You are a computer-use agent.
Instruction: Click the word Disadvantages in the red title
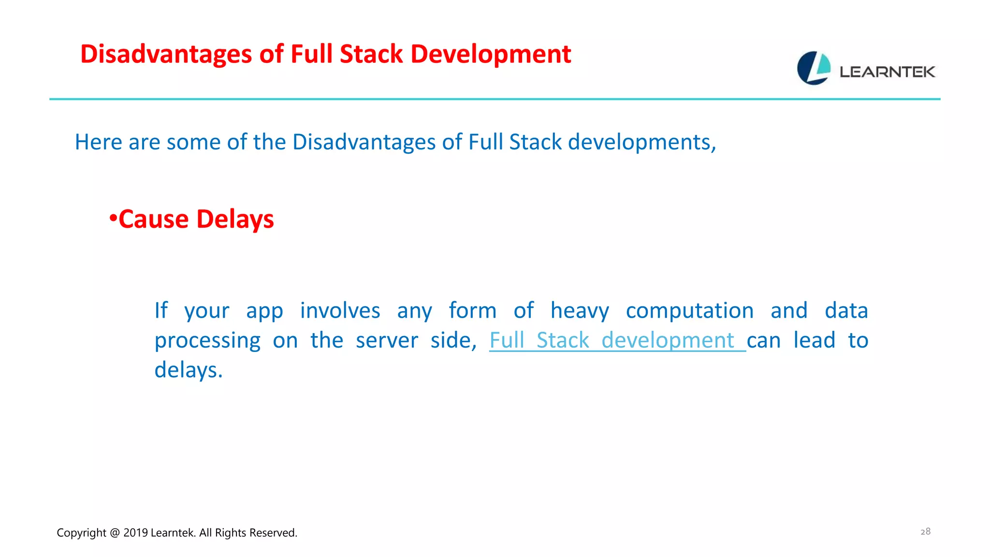[166, 54]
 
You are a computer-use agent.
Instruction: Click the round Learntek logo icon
[814, 68]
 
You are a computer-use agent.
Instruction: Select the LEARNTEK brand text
[887, 72]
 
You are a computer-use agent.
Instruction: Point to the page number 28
[925, 531]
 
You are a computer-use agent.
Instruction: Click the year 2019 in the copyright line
[135, 533]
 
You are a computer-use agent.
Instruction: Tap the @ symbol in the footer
[115, 533]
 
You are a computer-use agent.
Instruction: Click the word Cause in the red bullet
[154, 219]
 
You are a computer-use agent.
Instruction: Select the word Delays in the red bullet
[235, 219]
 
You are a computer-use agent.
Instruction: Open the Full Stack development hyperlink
[612, 340]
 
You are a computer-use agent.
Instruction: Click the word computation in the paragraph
[689, 310]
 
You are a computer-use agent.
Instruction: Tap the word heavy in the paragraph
[580, 310]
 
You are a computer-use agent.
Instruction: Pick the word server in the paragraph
[387, 340]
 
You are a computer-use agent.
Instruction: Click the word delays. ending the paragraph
[189, 370]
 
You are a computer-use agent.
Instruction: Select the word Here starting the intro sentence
[99, 142]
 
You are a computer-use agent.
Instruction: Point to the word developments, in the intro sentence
[641, 142]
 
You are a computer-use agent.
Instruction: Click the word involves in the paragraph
[340, 310]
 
